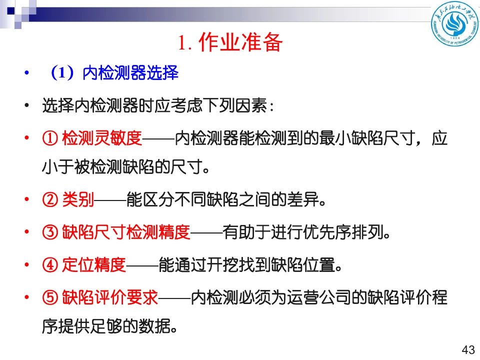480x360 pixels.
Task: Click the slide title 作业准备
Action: click(x=240, y=42)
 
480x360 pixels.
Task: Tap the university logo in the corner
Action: click(x=455, y=24)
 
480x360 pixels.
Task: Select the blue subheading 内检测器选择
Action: click(x=130, y=73)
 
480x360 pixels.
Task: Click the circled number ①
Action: click(x=50, y=138)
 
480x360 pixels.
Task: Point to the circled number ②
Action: click(x=50, y=199)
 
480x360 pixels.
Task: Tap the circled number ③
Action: click(x=50, y=232)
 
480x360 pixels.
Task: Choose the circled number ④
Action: click(x=50, y=265)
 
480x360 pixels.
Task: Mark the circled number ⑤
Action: click(x=50, y=297)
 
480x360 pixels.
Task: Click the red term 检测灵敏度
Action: click(x=102, y=138)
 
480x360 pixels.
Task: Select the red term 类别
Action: click(x=78, y=199)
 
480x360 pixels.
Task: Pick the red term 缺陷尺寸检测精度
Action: click(x=126, y=232)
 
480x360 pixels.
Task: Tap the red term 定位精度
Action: click(x=94, y=265)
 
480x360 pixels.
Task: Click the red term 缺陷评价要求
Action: click(x=110, y=297)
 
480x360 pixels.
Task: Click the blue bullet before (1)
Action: click(x=27, y=73)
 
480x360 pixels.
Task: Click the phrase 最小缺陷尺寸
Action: click(x=367, y=138)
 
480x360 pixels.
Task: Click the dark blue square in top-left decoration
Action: click(x=11, y=11)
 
